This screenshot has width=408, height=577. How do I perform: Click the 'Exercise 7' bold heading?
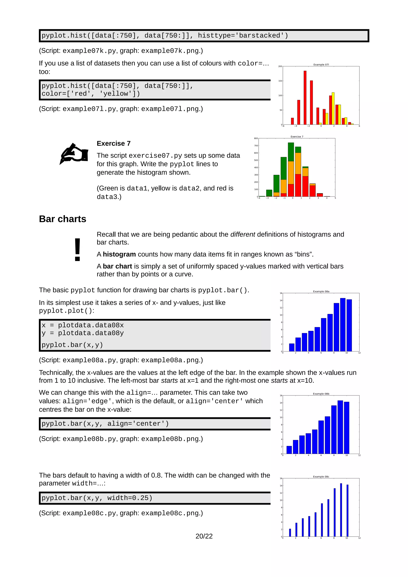(114, 144)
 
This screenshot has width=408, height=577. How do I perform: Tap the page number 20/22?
(204, 536)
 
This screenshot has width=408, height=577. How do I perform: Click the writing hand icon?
(74, 154)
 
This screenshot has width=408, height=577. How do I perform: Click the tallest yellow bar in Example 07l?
(333, 108)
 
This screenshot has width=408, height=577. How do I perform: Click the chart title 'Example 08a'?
(321, 291)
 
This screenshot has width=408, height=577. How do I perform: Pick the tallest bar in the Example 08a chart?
(343, 324)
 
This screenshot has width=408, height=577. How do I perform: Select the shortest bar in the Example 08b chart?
(289, 450)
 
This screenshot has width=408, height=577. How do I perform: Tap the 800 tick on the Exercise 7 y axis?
(256, 138)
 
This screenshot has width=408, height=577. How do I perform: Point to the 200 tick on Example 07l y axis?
(280, 66)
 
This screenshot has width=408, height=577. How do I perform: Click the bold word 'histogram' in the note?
(119, 254)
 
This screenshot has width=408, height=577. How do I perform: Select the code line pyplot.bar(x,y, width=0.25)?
(97, 498)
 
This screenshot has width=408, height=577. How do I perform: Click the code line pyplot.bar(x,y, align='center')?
(105, 424)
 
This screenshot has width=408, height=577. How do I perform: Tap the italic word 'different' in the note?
(243, 235)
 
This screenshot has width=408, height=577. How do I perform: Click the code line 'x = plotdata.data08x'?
(83, 325)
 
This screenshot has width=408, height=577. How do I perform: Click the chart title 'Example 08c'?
(321, 477)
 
